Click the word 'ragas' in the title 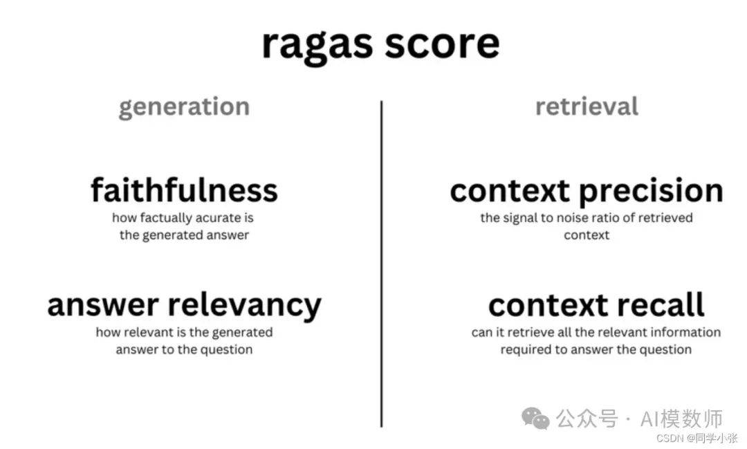(317, 45)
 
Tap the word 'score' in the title (442, 44)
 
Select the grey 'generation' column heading (184, 107)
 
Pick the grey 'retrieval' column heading (587, 106)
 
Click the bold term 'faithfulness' (184, 190)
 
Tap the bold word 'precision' (652, 192)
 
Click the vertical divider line (381, 264)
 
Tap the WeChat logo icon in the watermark (535, 419)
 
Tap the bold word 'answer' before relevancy (103, 306)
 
